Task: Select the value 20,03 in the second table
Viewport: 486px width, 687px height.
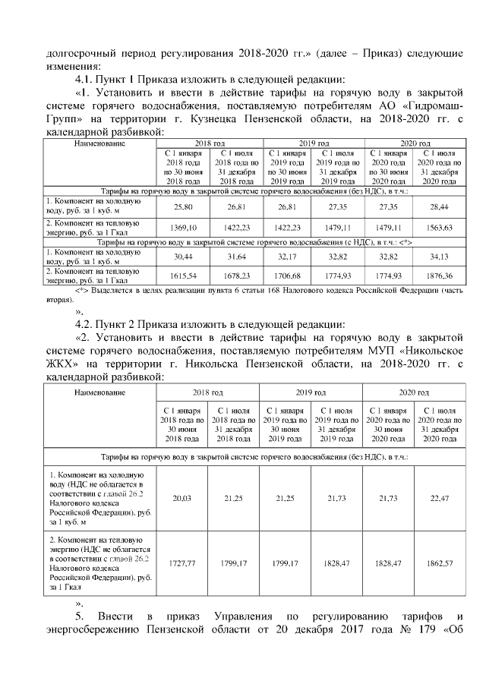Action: tap(181, 496)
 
